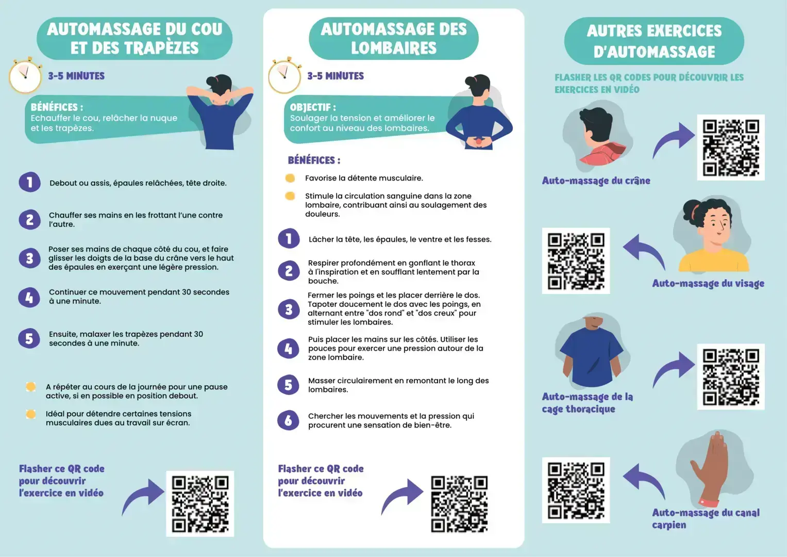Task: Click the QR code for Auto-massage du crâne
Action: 731,148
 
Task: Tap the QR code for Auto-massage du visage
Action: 576,261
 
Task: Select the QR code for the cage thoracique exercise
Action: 731,377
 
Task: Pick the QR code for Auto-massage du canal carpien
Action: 576,490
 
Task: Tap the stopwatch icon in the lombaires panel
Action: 284,75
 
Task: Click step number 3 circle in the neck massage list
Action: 29,258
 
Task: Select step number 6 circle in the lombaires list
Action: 288,420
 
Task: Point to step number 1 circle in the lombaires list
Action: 289,239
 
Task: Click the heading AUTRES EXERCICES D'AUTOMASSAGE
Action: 654,41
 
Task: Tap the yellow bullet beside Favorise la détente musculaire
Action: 290,178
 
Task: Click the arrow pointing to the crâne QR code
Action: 673,139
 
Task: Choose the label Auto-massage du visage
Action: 708,284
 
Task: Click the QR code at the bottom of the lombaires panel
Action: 459,504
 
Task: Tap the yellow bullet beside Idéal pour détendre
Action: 31,414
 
